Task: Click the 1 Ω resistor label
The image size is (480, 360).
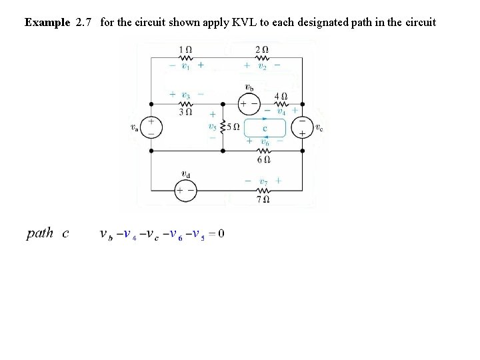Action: (x=187, y=49)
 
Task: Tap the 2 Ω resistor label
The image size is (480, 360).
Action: (x=263, y=49)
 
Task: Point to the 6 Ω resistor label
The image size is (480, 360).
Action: (x=263, y=159)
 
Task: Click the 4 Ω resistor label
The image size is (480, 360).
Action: (x=281, y=95)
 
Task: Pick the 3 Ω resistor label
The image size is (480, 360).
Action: (x=186, y=112)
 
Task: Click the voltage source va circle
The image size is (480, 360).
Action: (x=151, y=128)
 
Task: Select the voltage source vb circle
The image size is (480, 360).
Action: (x=249, y=104)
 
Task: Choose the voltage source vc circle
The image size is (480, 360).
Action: (x=302, y=128)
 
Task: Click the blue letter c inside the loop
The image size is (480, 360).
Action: (x=265, y=128)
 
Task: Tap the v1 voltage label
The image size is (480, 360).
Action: (x=186, y=66)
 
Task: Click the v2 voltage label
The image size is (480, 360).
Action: (x=262, y=66)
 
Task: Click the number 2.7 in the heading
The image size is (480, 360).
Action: (x=83, y=22)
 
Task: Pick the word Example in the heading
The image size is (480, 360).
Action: (x=47, y=22)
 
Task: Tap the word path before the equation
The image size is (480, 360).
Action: (x=39, y=233)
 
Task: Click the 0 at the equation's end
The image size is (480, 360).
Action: (x=221, y=233)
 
